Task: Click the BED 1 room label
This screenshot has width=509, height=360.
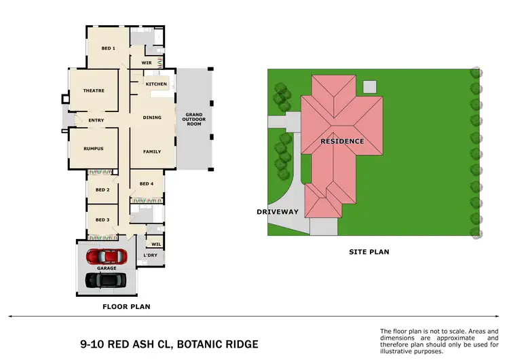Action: pos(109,48)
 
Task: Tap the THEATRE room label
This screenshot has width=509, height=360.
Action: pos(93,90)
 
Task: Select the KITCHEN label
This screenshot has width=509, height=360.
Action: pos(156,84)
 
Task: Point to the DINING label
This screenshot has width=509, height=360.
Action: pos(152,118)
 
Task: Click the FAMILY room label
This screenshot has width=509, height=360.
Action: pos(152,151)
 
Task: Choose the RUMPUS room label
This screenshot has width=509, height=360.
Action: pos(93,149)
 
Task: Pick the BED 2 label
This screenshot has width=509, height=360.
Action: pos(102,190)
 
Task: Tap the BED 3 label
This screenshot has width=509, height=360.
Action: pos(102,220)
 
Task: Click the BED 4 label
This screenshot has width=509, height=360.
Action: pos(147,184)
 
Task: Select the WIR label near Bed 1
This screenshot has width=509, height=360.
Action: pos(146,62)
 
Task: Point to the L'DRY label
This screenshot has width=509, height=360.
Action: pos(150,255)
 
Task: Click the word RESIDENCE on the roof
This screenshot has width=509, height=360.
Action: pos(343,141)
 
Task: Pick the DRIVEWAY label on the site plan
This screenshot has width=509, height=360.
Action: pos(278,212)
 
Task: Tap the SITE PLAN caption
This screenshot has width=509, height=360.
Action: pos(369,252)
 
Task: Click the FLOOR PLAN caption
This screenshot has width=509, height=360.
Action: pos(126,306)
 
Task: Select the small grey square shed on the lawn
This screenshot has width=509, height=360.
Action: pos(369,86)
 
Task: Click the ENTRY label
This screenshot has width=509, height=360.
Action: pos(96,121)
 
